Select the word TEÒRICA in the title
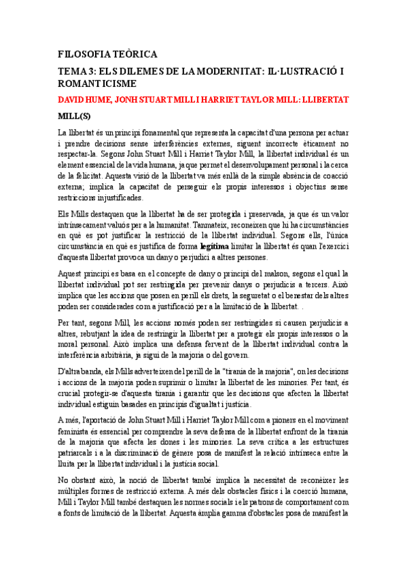(135, 54)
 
